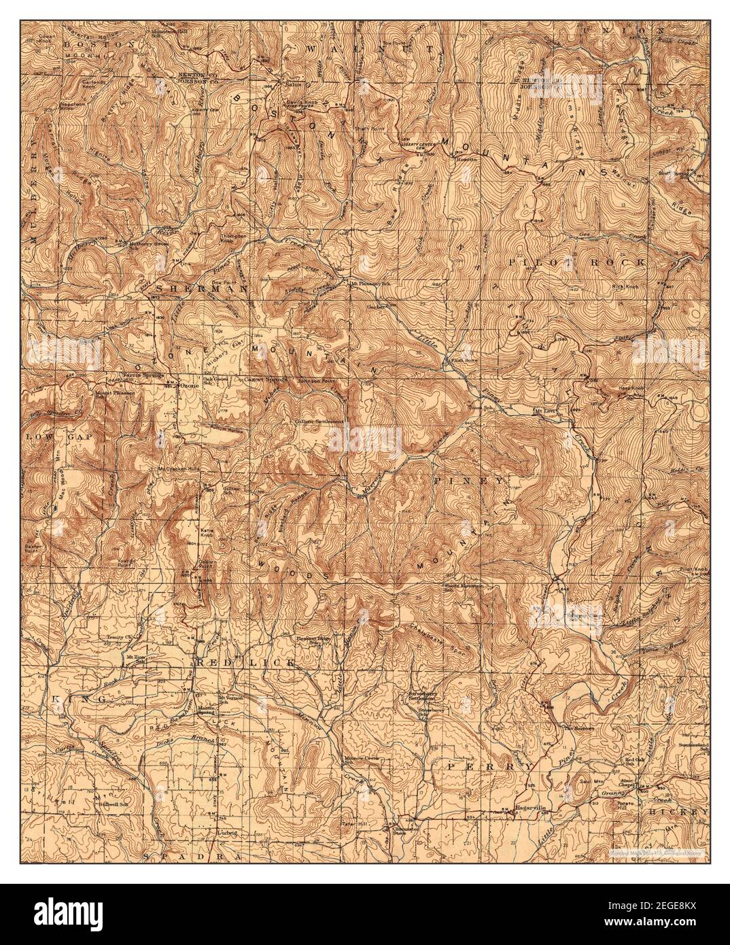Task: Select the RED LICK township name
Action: click(246, 662)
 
